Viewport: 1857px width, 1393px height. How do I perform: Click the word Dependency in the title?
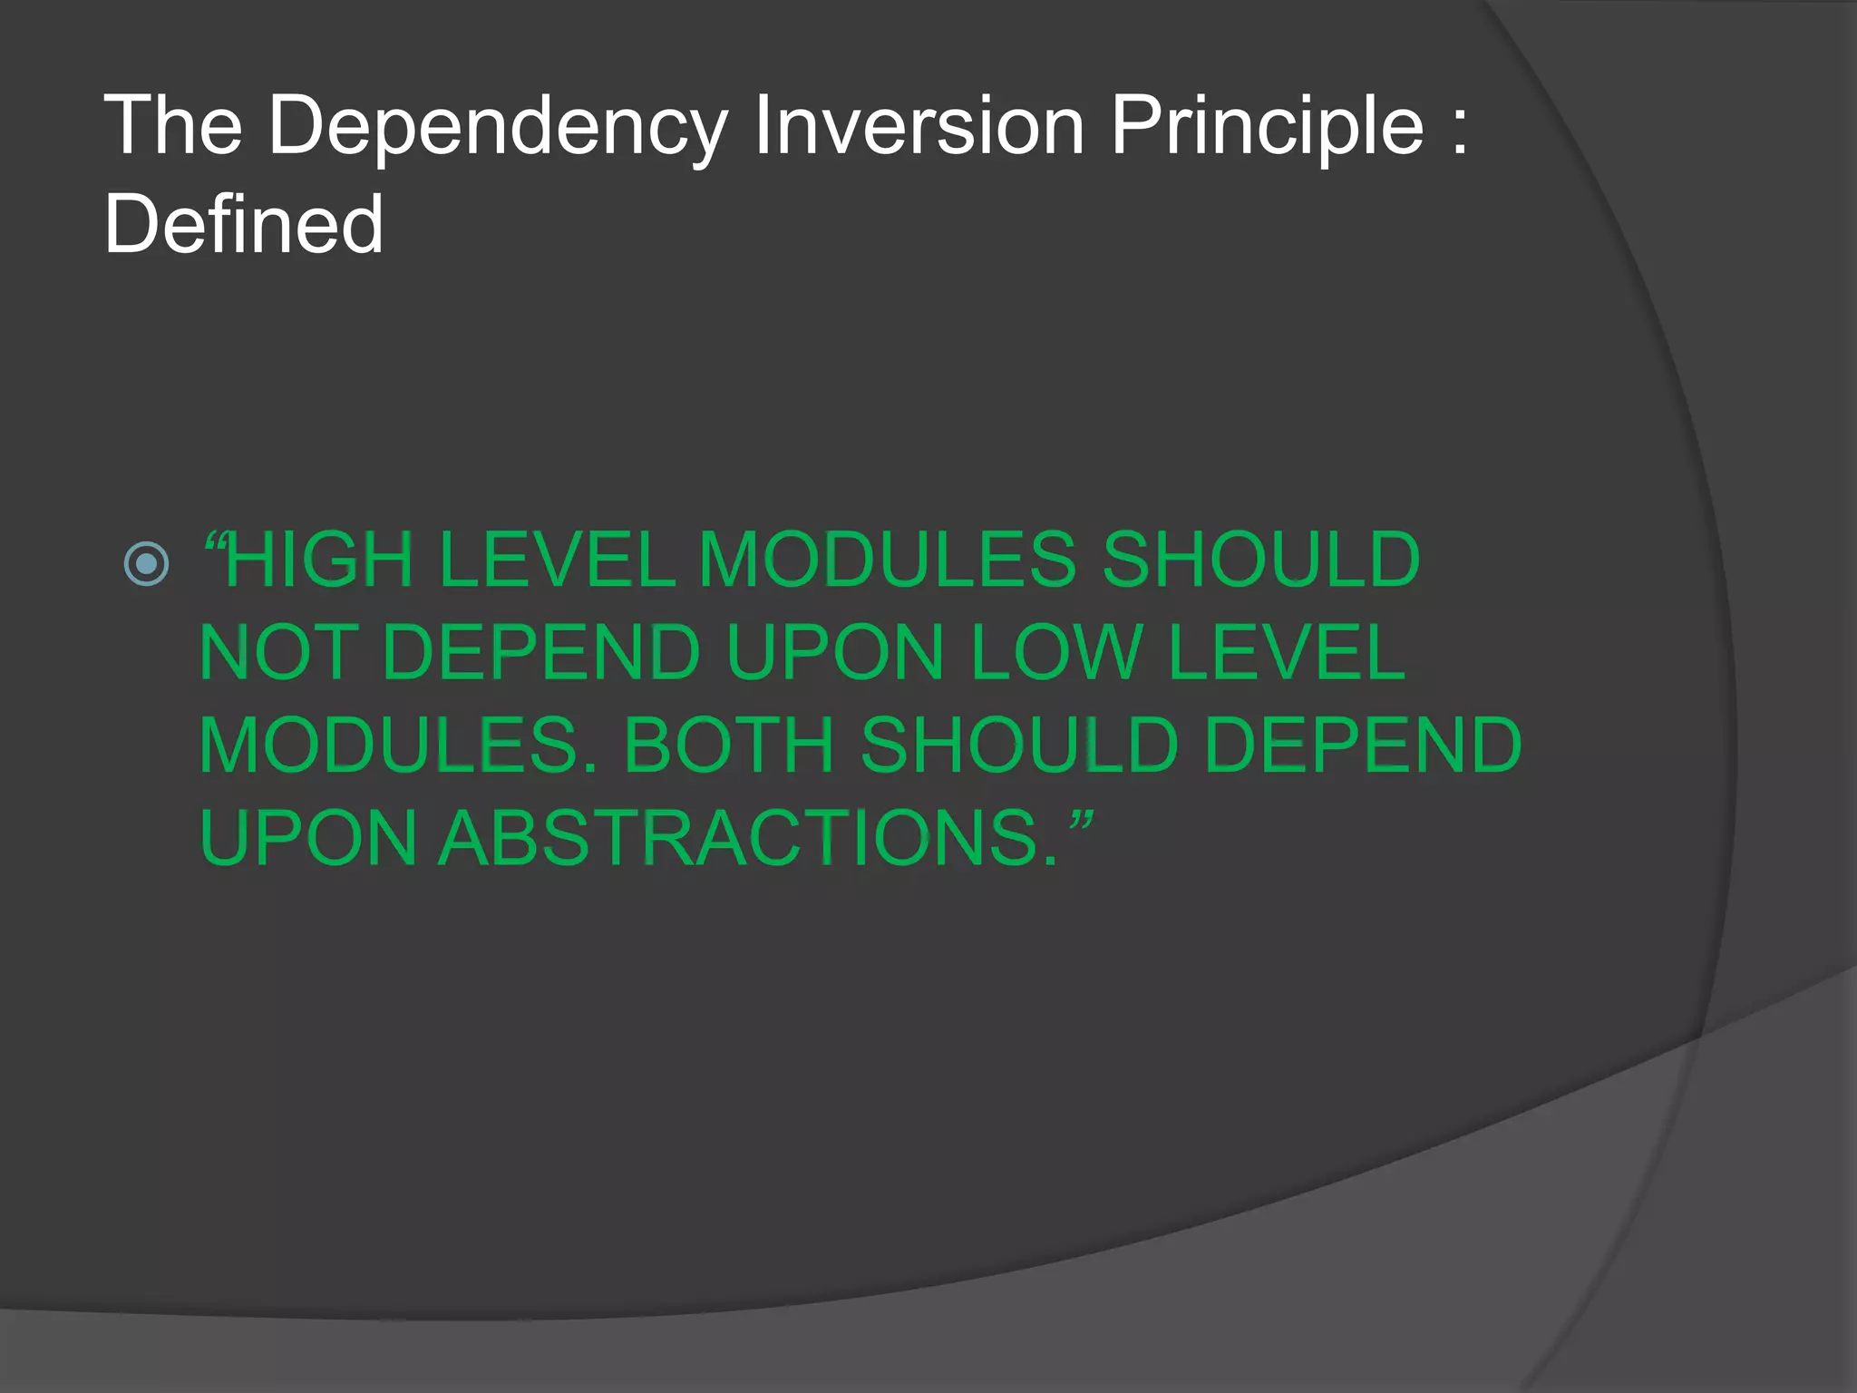[497, 127]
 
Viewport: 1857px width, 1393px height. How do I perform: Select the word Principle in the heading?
[1267, 127]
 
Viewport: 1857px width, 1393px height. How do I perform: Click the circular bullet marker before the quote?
[146, 563]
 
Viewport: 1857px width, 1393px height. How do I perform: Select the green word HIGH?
[319, 560]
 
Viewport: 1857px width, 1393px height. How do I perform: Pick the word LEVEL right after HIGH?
[557, 560]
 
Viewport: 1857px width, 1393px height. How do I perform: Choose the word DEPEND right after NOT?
[541, 652]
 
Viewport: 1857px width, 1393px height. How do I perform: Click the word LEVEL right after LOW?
[1287, 652]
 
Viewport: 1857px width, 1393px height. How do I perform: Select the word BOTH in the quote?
[729, 745]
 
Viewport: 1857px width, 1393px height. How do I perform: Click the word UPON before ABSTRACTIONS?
[307, 838]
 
